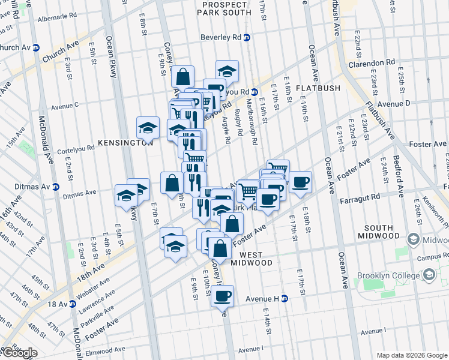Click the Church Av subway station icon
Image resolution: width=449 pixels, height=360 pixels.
click(x=36, y=47)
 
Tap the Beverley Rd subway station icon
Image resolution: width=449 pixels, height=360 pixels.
click(x=246, y=37)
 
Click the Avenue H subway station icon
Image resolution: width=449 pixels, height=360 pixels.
click(x=285, y=298)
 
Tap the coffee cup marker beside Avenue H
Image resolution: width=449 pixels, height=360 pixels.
click(x=223, y=296)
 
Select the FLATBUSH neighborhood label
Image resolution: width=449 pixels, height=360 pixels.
click(x=318, y=88)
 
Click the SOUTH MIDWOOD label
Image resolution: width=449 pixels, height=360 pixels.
click(x=379, y=233)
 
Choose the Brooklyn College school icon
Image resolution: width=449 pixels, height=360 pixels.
click(x=429, y=275)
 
